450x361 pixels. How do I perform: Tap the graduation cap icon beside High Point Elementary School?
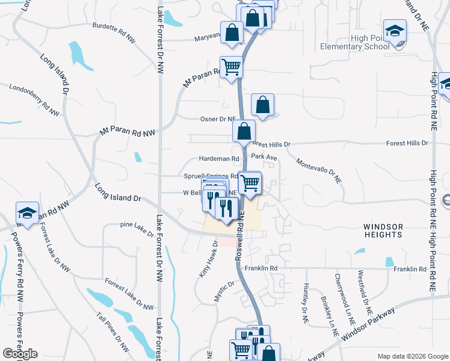coord(395,30)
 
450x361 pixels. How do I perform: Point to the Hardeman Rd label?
coord(215,159)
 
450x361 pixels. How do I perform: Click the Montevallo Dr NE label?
coord(319,171)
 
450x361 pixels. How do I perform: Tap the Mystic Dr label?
coord(224,292)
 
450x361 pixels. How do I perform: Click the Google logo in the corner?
coord(20,354)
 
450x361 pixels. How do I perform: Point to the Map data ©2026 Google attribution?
coord(412,356)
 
